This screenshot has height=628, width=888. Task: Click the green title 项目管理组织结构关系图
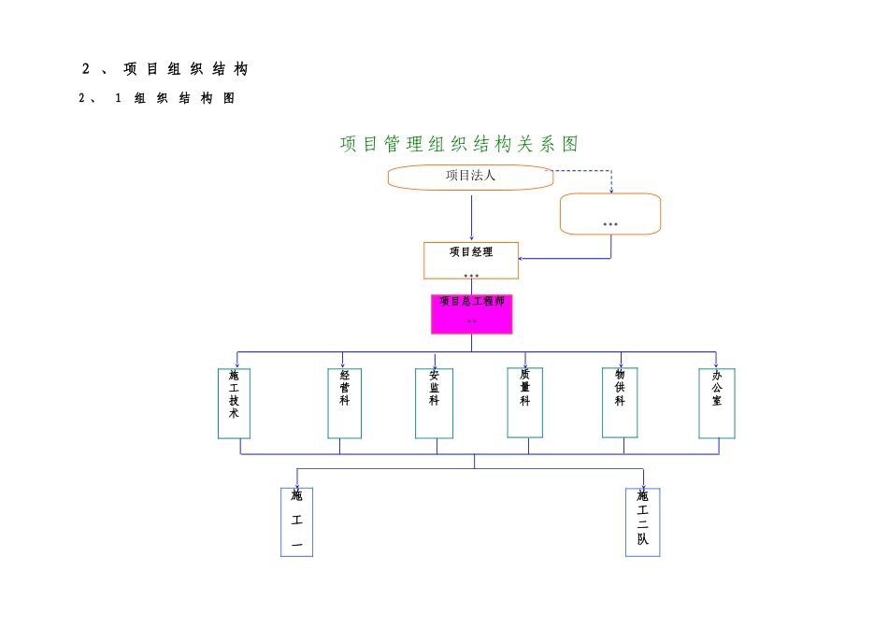[459, 144]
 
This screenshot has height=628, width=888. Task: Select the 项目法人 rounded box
[470, 177]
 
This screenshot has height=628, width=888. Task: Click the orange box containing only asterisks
[609, 214]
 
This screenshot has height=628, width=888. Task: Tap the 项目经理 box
[471, 260]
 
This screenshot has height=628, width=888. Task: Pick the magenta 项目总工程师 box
[471, 314]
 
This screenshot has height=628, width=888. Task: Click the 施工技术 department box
[234, 403]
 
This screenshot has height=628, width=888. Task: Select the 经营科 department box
[344, 403]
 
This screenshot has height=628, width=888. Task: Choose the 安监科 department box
[434, 403]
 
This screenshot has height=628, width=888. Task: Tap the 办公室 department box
[716, 403]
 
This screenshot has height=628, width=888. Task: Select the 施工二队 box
[642, 522]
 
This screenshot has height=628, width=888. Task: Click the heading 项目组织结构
[165, 69]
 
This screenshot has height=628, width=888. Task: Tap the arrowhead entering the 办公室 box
[716, 364]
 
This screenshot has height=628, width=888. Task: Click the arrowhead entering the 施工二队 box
[643, 485]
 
